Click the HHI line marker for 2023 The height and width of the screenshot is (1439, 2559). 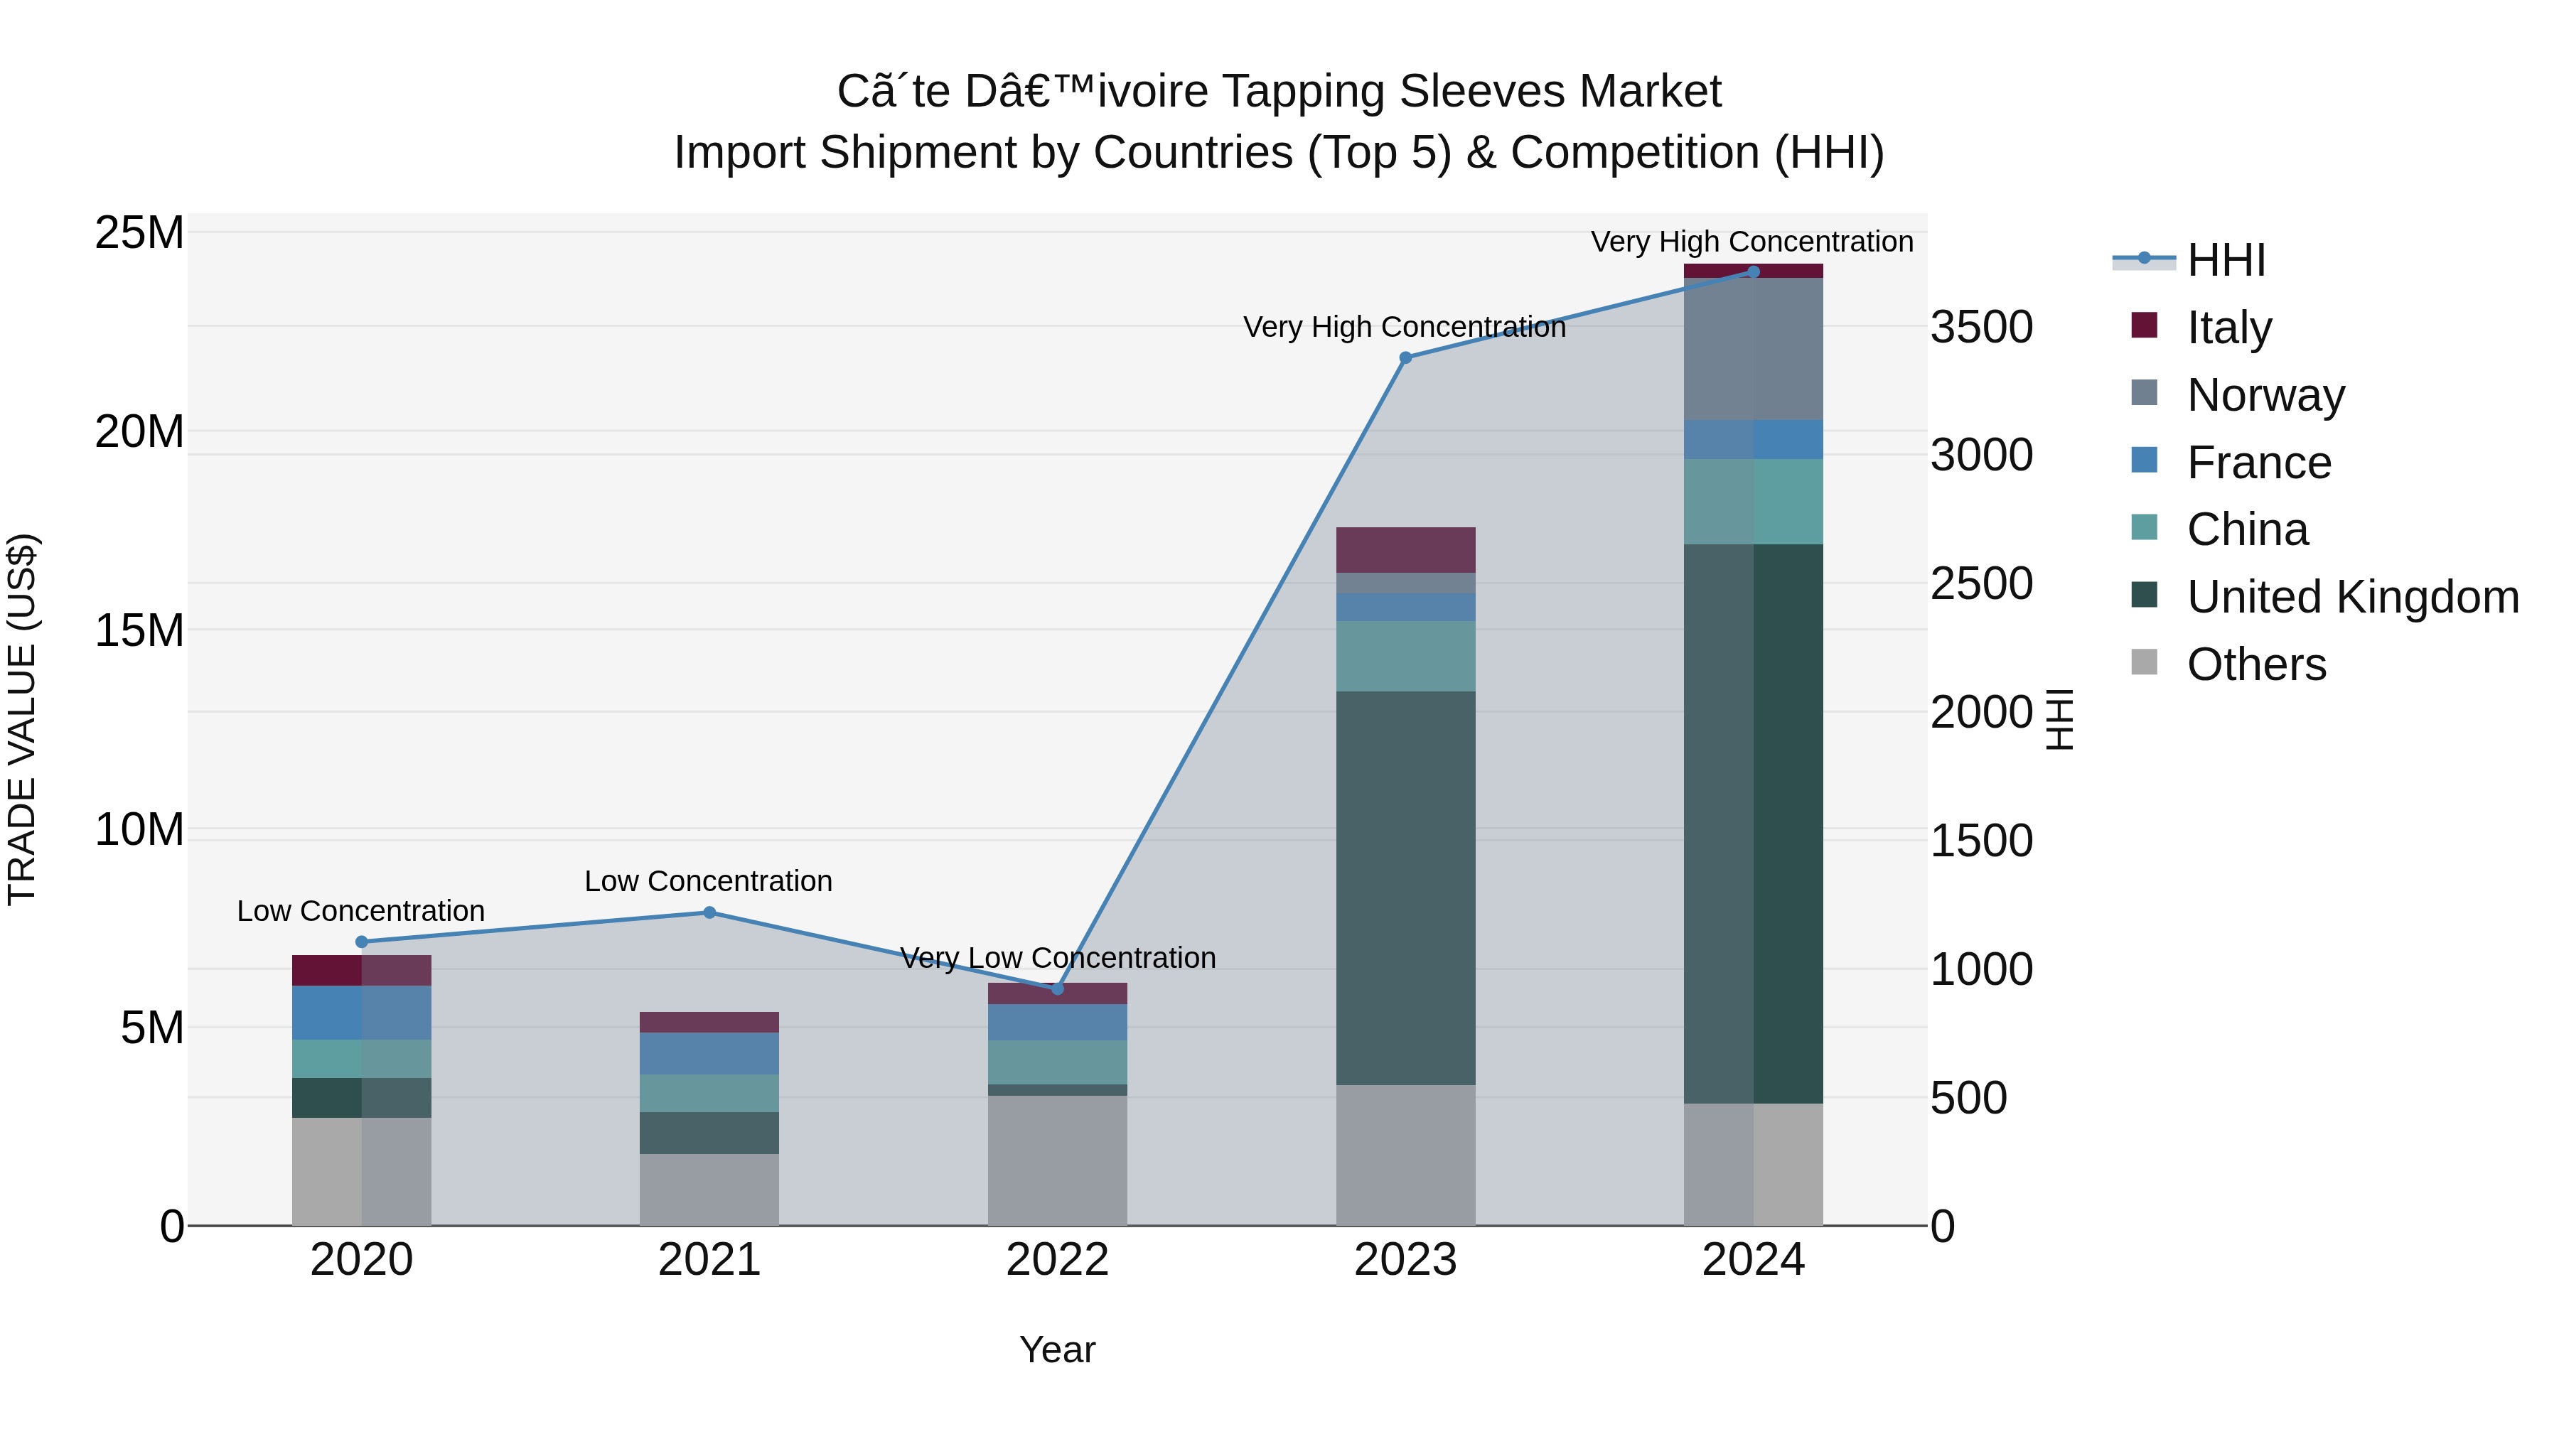[x=1405, y=357]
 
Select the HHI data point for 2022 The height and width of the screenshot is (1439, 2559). [x=1057, y=988]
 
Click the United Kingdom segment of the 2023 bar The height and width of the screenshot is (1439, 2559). [x=1405, y=887]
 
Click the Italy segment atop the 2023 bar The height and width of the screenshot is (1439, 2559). [x=1405, y=549]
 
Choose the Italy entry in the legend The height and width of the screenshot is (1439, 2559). [x=2228, y=327]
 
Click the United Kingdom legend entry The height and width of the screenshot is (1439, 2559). [x=2351, y=597]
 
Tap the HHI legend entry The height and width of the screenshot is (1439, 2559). [x=2225, y=260]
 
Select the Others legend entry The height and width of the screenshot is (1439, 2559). [x=2255, y=664]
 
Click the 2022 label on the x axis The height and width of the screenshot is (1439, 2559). [x=1057, y=1260]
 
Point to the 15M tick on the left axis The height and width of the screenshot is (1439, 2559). [x=139, y=630]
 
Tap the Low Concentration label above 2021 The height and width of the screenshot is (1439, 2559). [x=708, y=881]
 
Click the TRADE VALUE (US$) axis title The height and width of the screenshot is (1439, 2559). [x=22, y=719]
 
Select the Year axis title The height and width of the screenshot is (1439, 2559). [x=1057, y=1349]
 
